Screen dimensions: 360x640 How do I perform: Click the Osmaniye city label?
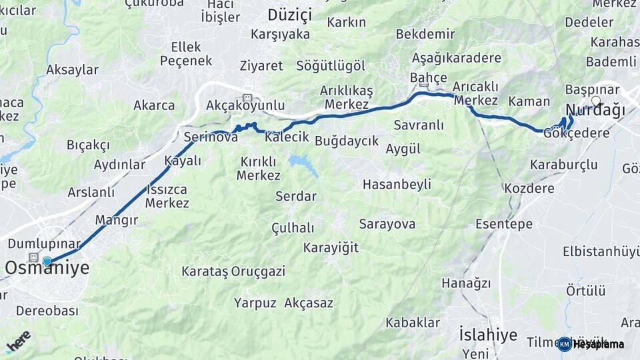[x=47, y=269]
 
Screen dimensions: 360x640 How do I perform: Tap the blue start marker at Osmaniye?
[x=47, y=261]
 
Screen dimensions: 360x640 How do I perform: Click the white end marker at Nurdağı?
[x=596, y=101]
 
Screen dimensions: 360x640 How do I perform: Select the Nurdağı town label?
[x=592, y=110]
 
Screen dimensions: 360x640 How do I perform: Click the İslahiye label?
[x=488, y=334]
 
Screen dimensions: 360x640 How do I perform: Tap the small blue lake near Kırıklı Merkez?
[x=303, y=163]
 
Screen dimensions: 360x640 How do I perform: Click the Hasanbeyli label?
[x=397, y=184]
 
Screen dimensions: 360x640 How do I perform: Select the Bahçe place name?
[x=428, y=78]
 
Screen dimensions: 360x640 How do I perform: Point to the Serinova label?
[x=211, y=137]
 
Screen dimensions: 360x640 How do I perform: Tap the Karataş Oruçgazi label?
[x=233, y=271]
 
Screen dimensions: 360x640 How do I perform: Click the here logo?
[x=18, y=341]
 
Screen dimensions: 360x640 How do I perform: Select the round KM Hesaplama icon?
[x=564, y=344]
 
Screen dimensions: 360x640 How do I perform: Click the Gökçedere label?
[x=577, y=133]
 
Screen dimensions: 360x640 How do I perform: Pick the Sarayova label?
[x=387, y=224]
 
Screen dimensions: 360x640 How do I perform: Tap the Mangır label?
[x=116, y=220]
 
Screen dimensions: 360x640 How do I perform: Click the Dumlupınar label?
[x=44, y=244]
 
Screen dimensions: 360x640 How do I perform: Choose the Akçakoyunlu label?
[x=245, y=105]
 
